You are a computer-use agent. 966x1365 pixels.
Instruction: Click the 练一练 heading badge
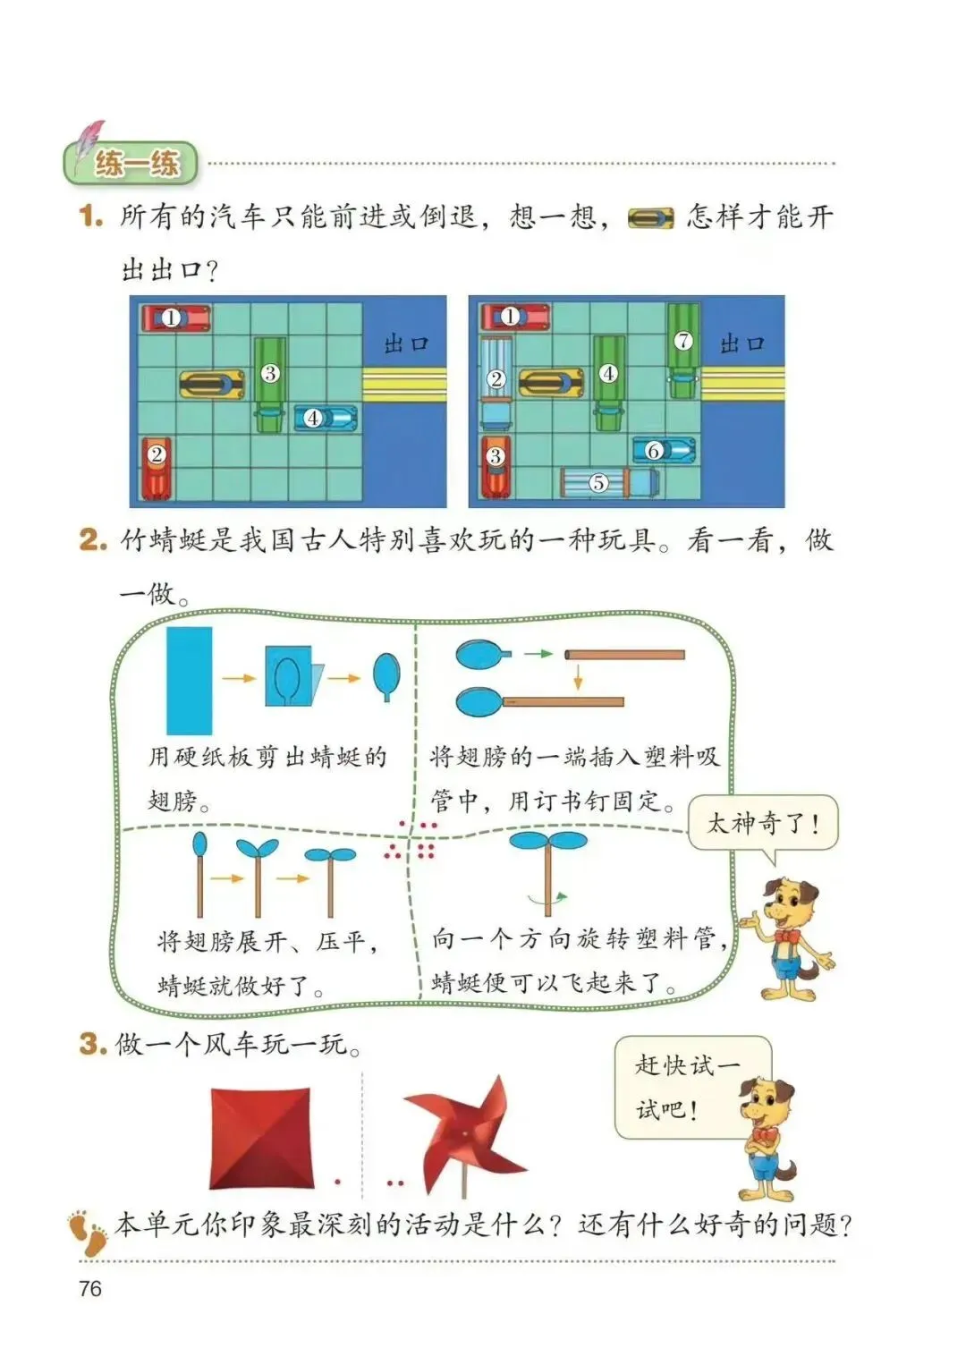[x=131, y=163]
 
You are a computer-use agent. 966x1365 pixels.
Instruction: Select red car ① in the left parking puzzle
[x=176, y=318]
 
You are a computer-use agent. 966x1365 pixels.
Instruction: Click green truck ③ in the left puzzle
[x=270, y=385]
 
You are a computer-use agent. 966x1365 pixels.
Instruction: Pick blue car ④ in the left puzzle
[x=326, y=418]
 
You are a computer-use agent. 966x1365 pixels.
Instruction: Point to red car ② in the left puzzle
[x=157, y=468]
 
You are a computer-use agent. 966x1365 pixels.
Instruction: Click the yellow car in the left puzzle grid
[x=213, y=384]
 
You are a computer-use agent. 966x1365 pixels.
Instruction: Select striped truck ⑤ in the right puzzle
[x=609, y=481]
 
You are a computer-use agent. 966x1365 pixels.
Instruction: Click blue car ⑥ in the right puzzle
[x=665, y=450]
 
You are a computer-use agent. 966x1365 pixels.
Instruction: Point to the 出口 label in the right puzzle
[x=741, y=344]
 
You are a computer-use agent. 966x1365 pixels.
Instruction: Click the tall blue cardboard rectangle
[x=190, y=681]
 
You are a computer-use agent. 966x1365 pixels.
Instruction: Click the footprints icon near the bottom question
[x=87, y=1228]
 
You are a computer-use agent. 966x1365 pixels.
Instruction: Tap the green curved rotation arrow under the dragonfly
[x=547, y=896]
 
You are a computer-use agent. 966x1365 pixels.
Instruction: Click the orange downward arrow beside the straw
[x=578, y=677]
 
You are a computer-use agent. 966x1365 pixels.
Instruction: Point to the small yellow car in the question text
[x=651, y=217]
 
